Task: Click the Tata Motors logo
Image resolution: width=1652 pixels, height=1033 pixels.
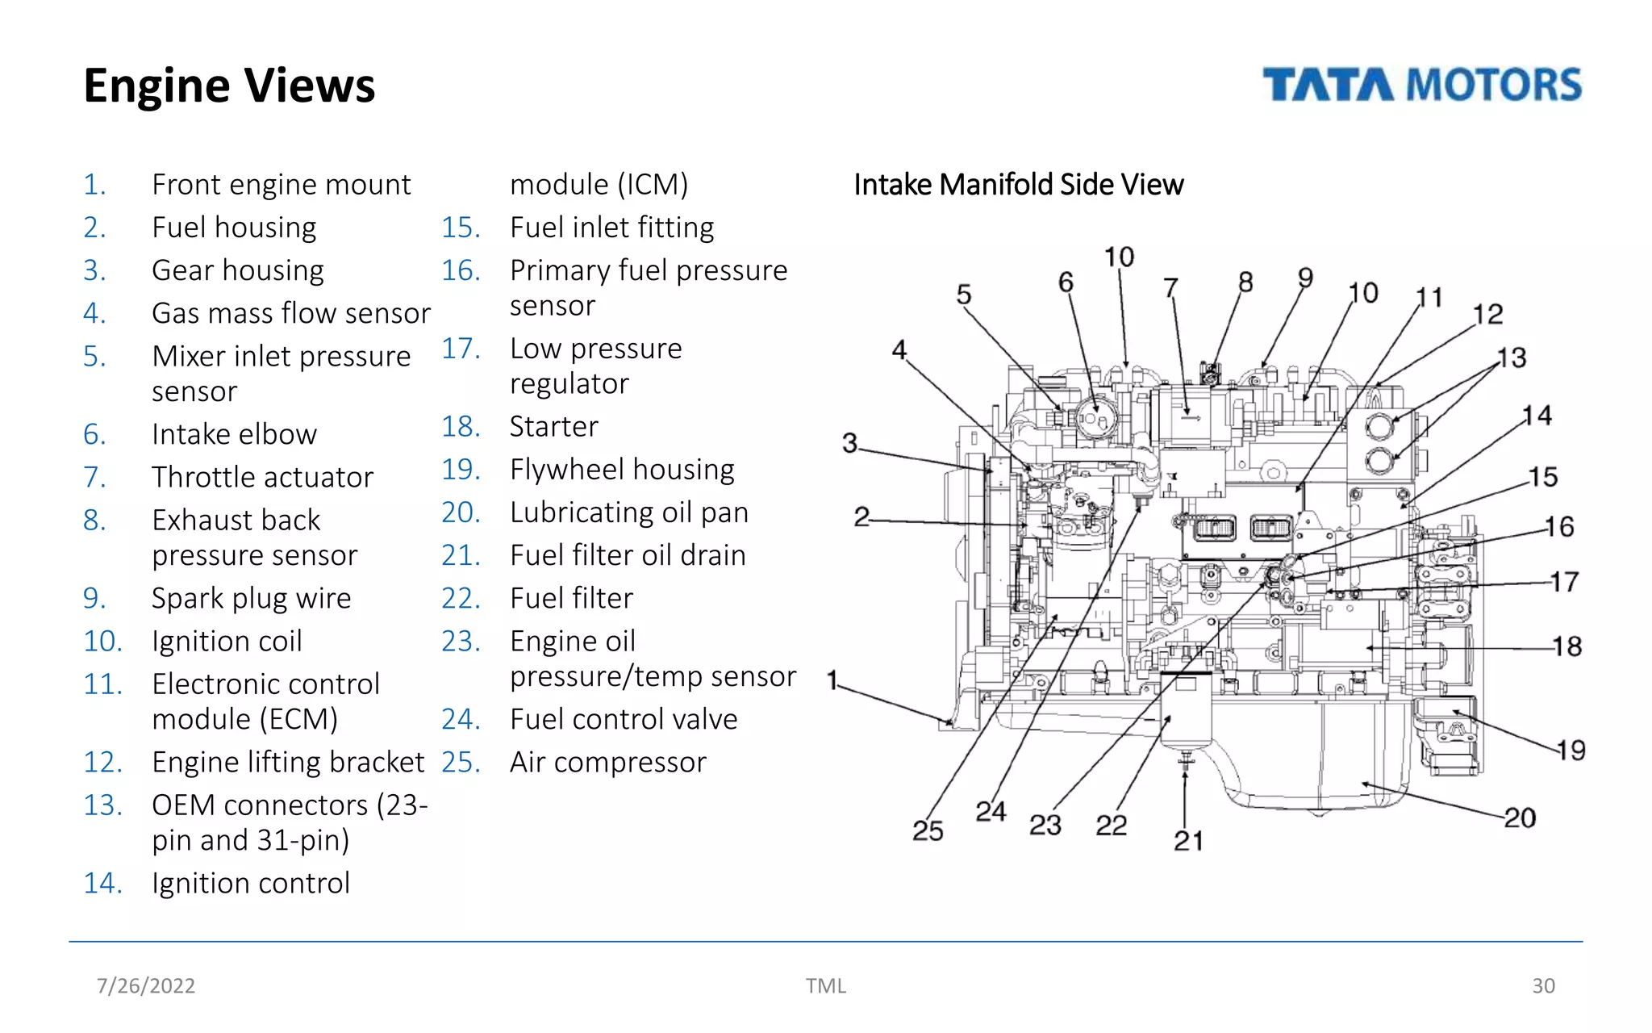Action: click(x=1421, y=85)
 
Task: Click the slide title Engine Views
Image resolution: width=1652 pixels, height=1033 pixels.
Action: click(x=229, y=86)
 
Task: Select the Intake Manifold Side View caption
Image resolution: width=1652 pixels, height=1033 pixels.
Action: click(x=1018, y=185)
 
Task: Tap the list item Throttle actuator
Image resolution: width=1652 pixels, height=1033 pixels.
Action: click(x=262, y=477)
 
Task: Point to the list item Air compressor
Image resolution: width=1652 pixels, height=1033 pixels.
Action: click(x=607, y=762)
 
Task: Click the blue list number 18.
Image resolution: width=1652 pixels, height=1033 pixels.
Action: click(x=461, y=426)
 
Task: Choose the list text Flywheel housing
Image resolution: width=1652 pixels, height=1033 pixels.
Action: click(x=621, y=469)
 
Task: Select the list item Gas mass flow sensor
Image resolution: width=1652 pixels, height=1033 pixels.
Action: click(x=290, y=313)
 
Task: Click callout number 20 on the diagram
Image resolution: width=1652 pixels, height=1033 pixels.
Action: click(x=1520, y=818)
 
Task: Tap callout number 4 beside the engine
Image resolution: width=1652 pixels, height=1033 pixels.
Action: click(x=899, y=349)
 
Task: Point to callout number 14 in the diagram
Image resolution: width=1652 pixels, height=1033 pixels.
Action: click(x=1537, y=416)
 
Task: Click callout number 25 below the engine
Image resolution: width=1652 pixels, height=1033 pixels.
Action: click(x=928, y=830)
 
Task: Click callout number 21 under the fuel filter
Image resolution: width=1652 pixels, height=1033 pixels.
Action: click(x=1188, y=841)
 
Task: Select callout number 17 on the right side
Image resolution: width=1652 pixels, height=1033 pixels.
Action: click(x=1564, y=582)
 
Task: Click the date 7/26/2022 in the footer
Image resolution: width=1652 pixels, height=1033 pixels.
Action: click(x=146, y=985)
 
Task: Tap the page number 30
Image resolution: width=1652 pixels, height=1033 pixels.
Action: click(x=1543, y=985)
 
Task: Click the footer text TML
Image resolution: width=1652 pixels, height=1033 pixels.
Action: click(x=825, y=985)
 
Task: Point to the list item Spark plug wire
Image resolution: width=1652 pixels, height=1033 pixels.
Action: click(x=251, y=598)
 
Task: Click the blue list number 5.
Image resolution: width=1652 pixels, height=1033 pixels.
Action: click(x=94, y=356)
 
